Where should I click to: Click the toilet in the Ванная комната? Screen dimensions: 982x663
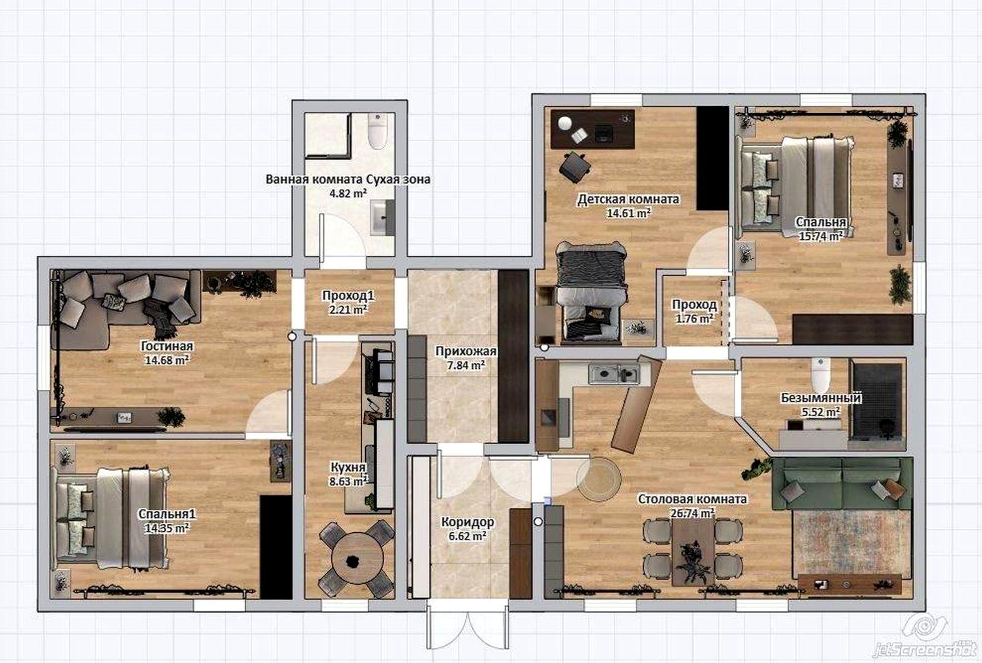377,131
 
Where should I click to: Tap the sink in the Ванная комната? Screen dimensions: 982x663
382,218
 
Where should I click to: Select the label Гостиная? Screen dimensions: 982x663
166,346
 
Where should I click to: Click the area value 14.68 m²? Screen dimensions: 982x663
166,360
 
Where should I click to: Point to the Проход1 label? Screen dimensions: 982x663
349,296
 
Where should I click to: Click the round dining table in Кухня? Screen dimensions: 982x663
357,558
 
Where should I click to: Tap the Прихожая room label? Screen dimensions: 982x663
466,351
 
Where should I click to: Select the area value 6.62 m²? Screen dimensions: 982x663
467,536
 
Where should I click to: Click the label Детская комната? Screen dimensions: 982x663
628,200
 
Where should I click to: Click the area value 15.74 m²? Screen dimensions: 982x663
821,236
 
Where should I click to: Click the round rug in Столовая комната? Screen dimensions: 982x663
598,479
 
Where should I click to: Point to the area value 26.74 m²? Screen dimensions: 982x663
693,513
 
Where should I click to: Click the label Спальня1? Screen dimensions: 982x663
166,514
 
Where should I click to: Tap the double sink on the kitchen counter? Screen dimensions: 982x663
613,374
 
